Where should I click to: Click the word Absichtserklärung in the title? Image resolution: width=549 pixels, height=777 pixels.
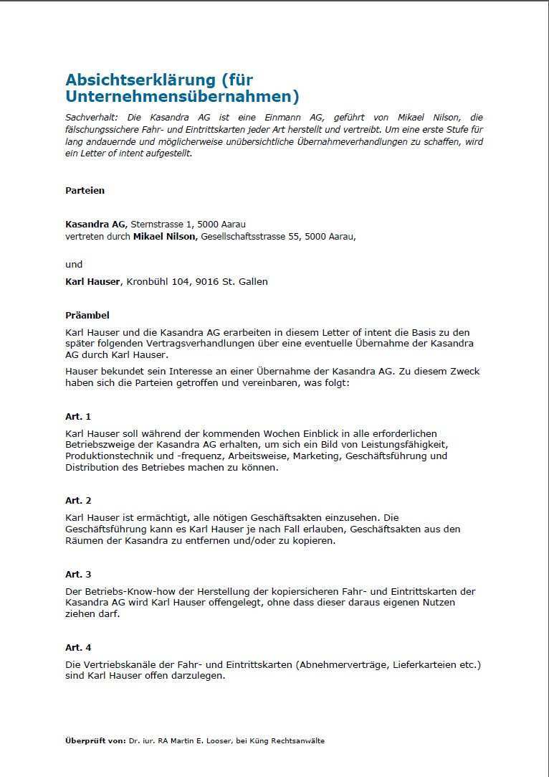click(x=140, y=80)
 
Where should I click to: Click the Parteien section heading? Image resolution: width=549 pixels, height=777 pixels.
click(x=85, y=191)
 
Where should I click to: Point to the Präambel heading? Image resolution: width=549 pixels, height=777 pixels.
click(x=87, y=316)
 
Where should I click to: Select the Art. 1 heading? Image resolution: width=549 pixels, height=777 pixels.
click(x=78, y=417)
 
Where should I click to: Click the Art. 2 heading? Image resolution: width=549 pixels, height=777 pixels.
click(x=78, y=501)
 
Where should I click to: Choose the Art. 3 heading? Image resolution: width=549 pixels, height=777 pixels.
click(x=78, y=575)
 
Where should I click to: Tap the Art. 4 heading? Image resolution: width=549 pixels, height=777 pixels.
click(x=78, y=648)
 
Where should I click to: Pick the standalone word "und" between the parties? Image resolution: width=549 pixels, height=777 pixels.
click(x=74, y=265)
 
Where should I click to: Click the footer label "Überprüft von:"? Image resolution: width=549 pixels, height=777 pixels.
click(x=95, y=740)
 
